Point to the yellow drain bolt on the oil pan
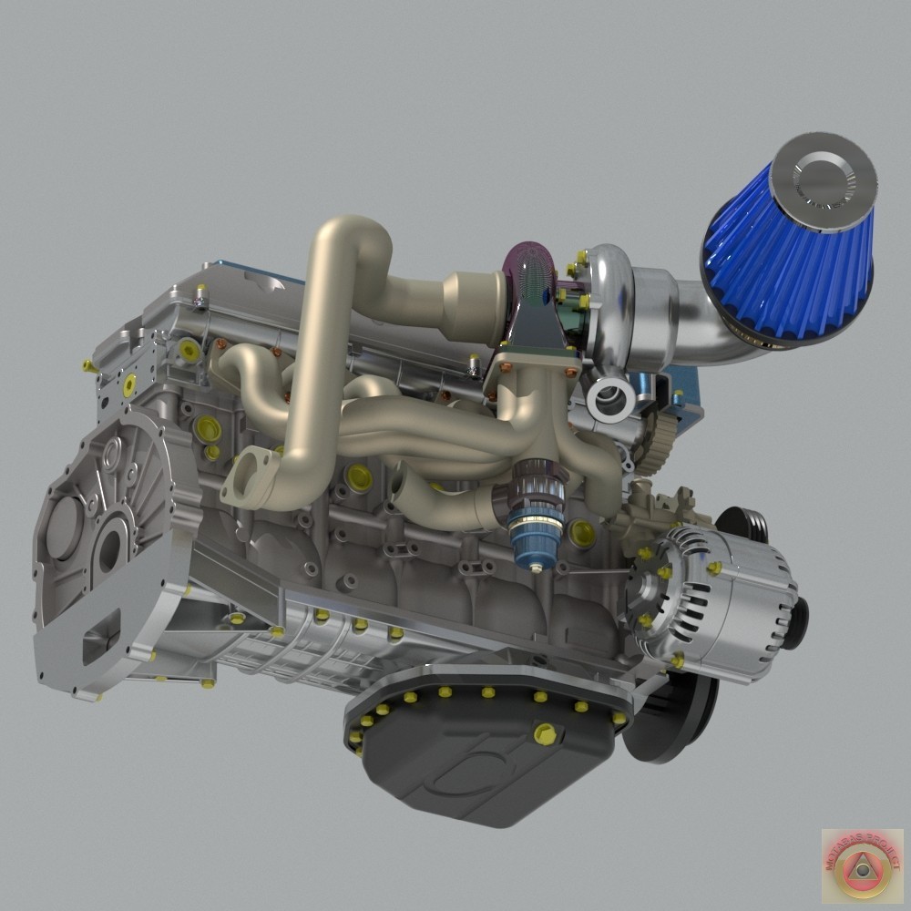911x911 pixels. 544,732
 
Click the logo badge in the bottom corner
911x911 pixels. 861,866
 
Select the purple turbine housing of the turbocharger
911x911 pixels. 528,273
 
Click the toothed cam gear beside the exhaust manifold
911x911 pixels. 650,446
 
